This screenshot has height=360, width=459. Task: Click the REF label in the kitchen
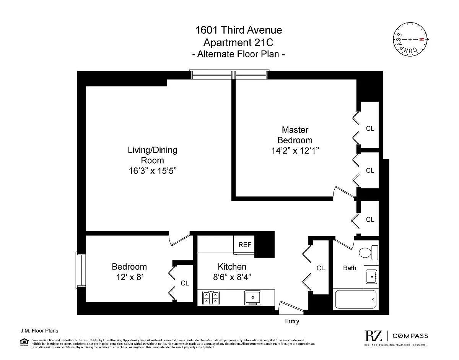pos(245,245)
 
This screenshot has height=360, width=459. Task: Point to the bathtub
pos(356,300)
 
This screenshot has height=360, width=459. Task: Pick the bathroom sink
pos(371,276)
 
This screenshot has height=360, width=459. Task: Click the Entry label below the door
pos(291,321)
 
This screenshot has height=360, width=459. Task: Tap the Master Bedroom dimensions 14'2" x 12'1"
pos(295,151)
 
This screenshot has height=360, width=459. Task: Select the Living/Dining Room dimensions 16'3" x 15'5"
pos(152,171)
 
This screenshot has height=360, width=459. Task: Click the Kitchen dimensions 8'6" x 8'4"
pos(232,277)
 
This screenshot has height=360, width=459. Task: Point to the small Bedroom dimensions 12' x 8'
pos(129,277)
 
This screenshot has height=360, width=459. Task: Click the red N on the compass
pos(422,39)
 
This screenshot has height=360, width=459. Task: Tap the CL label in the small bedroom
pos(185,283)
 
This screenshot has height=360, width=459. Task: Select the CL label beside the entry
pos(321,268)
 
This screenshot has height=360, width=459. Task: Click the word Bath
pos(349,268)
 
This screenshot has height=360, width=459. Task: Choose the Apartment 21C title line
pos(239,42)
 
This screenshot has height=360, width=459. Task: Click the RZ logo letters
pos(373,336)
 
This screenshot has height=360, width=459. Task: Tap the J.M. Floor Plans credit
pos(39,331)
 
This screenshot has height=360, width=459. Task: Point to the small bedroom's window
pos(81,269)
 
